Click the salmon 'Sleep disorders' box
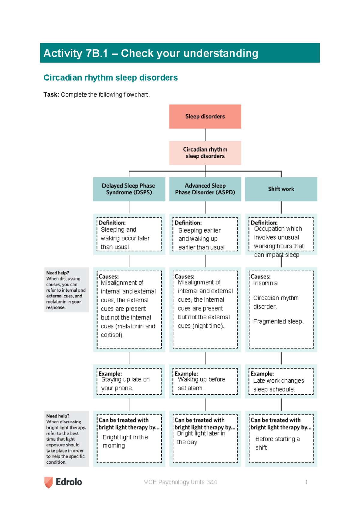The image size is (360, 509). pyautogui.click(x=205, y=116)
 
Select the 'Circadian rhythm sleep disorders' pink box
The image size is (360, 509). pyautogui.click(x=205, y=153)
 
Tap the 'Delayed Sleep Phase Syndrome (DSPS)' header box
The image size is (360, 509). pyautogui.click(x=129, y=189)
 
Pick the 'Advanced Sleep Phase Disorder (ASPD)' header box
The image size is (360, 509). pyautogui.click(x=205, y=189)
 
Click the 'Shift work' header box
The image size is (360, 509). pyautogui.click(x=281, y=189)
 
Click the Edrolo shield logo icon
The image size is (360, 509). pyautogui.click(x=48, y=482)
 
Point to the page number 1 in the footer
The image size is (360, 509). pyautogui.click(x=306, y=482)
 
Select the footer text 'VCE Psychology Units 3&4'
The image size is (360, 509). pyautogui.click(x=180, y=482)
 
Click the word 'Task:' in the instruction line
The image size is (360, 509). pyautogui.click(x=51, y=95)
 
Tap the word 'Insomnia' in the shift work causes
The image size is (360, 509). pyautogui.click(x=265, y=283)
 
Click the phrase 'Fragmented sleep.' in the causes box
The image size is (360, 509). pyautogui.click(x=278, y=321)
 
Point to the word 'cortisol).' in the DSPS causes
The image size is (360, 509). pyautogui.click(x=112, y=335)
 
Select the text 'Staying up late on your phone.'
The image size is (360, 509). pyautogui.click(x=125, y=384)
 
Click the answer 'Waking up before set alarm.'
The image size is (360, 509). pyautogui.click(x=201, y=384)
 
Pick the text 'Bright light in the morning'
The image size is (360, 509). pyautogui.click(x=125, y=441)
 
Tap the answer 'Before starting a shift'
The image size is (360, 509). pyautogui.click(x=277, y=443)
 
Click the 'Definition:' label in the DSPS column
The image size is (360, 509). pyautogui.click(x=112, y=223)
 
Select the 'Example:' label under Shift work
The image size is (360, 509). pyautogui.click(x=262, y=374)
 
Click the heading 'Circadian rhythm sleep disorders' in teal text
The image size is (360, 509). pyautogui.click(x=110, y=78)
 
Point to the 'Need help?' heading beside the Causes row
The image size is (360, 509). pyautogui.click(x=58, y=273)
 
